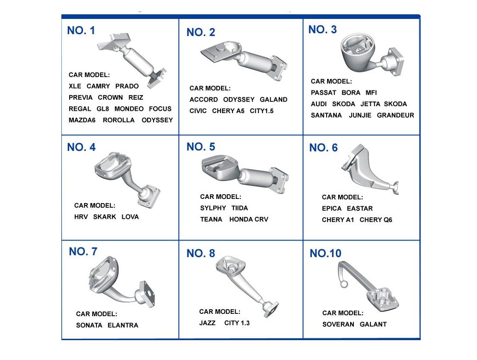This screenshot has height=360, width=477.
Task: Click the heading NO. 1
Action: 81,30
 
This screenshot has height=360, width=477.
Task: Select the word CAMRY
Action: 98,86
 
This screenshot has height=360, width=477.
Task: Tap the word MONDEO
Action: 129,108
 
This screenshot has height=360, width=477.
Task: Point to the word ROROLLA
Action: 119,120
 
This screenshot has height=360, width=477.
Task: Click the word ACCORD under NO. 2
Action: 203,100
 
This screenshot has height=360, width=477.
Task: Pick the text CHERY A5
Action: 228,111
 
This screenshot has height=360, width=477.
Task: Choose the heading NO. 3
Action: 322,30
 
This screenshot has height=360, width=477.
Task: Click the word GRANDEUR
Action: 395,115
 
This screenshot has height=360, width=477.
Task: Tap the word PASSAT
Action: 323,92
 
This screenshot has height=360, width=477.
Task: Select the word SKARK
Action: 104,216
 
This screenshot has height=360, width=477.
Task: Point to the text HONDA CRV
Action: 249,219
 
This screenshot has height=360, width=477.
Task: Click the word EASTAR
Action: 359,209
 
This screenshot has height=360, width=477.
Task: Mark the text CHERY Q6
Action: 376,220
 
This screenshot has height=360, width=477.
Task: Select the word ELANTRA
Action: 123,325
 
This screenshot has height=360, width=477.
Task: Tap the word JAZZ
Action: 207,323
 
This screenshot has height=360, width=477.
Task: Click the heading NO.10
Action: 326,253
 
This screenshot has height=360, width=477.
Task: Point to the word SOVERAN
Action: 338,324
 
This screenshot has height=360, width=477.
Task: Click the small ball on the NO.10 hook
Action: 344,284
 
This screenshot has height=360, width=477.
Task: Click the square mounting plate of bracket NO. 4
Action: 149,196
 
